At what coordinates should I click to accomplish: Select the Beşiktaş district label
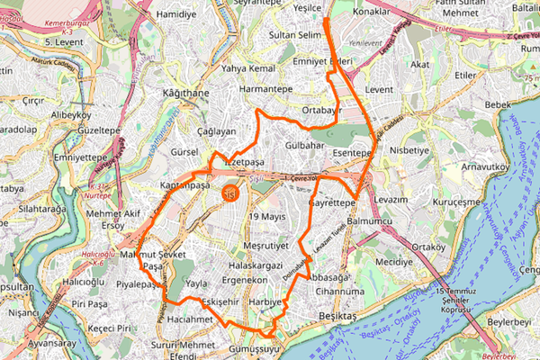(x=337, y=318)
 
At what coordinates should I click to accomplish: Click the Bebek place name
(x=497, y=105)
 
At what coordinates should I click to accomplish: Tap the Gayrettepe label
(x=332, y=204)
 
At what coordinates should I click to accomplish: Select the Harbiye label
(x=265, y=302)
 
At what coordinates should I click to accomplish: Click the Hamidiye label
(x=175, y=15)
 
